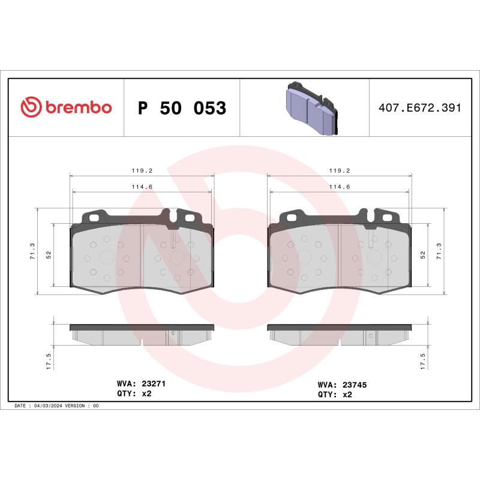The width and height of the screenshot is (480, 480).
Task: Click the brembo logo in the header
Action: point(66,107)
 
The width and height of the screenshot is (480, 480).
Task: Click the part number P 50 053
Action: point(182,109)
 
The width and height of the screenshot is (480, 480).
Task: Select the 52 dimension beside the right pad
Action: point(422,254)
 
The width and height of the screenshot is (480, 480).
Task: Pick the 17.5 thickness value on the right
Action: point(423,362)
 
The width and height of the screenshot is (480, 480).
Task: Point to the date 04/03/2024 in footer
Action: point(49,406)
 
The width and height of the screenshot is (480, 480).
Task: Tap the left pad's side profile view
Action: point(142,335)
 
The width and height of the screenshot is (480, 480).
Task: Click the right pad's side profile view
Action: point(339,335)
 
